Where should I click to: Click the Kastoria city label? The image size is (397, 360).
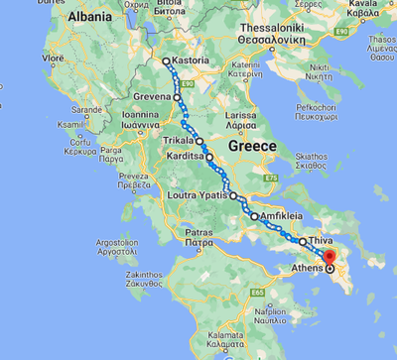coord(191,60)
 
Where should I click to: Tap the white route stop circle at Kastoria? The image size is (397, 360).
coord(167,61)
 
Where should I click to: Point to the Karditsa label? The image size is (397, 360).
coord(186,157)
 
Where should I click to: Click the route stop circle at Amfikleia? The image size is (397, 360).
coord(254,216)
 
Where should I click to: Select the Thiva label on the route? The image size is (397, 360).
coord(320,241)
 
